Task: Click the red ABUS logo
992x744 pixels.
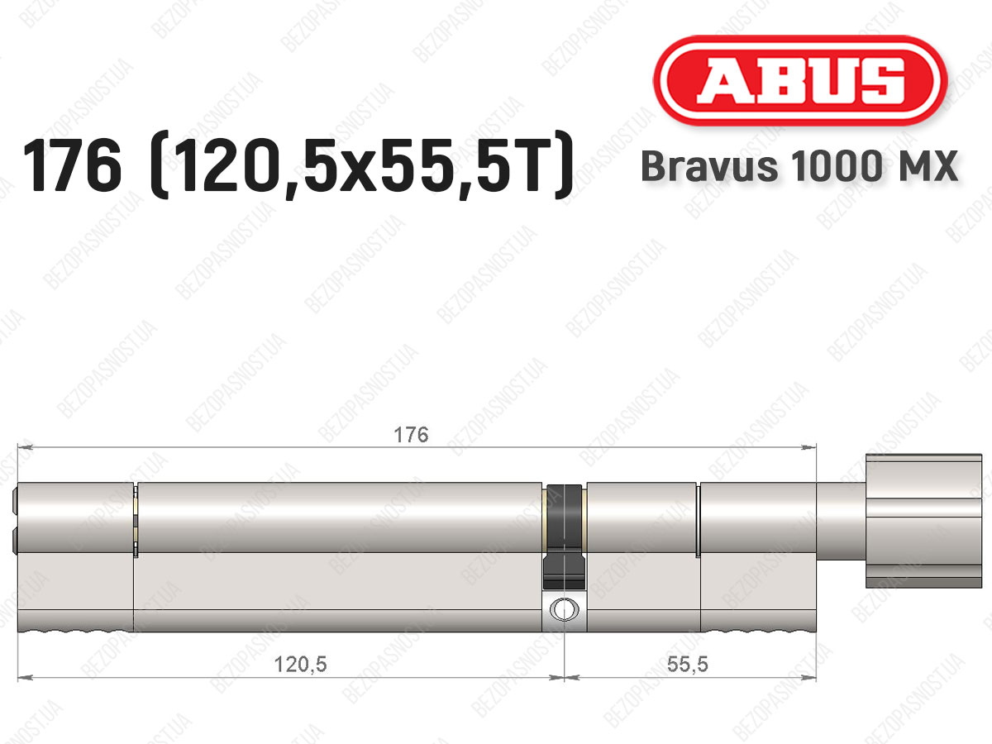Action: click(800, 81)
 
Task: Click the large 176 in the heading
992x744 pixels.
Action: click(73, 166)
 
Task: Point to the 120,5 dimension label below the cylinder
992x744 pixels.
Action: click(301, 665)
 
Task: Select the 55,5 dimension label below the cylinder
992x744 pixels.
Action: click(688, 664)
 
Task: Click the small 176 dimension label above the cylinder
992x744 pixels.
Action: click(411, 435)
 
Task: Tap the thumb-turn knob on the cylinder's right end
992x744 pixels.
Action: click(923, 522)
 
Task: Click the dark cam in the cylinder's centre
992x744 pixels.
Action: click(564, 537)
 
